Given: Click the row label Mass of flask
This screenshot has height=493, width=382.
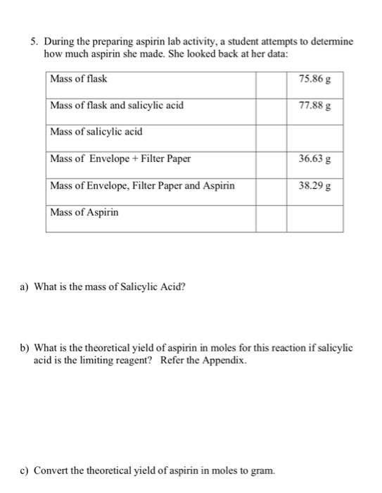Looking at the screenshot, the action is pos(79,78).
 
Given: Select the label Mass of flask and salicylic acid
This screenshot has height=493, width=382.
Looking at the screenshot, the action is pos(117,105).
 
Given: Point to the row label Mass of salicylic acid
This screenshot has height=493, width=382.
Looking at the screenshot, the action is pos(92,132).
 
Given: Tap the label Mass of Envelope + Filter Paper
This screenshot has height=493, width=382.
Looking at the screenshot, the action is pos(120,158).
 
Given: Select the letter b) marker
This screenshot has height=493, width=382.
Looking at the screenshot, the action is pos(25,347).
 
